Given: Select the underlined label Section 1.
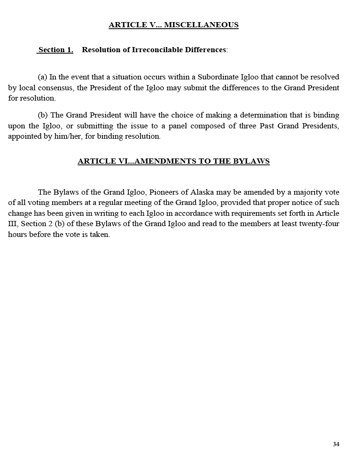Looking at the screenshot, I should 55,50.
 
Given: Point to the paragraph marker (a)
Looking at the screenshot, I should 42,77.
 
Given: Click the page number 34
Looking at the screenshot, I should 336,444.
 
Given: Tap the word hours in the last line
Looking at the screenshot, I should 17,235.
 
